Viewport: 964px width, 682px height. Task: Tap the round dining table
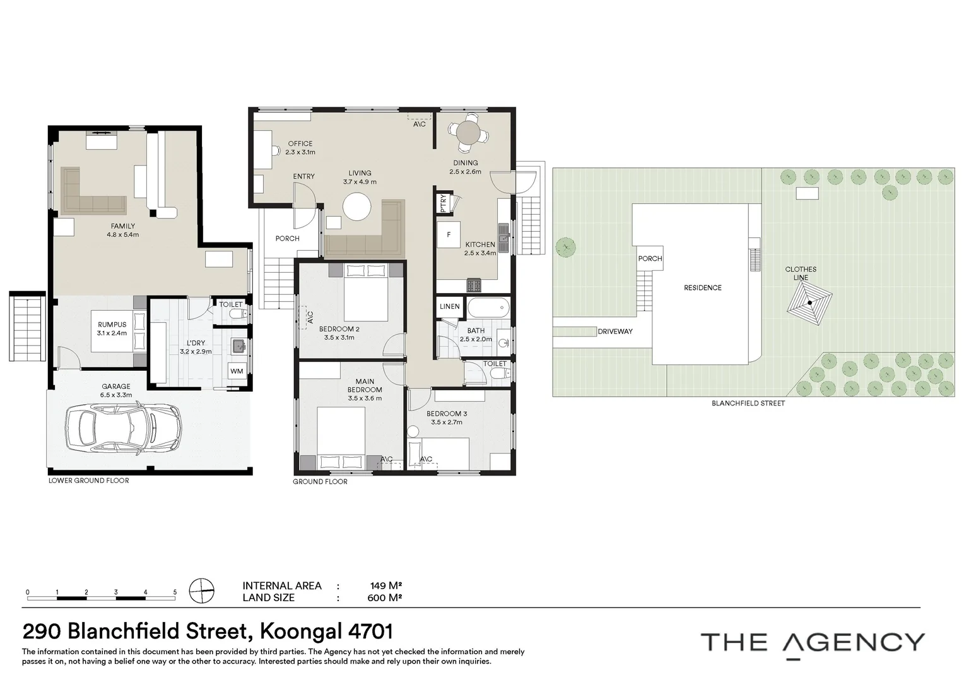(x=467, y=133)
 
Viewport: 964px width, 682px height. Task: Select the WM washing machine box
(x=237, y=371)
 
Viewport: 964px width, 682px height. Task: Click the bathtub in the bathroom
(x=488, y=308)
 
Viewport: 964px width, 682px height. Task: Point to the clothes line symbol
(x=809, y=302)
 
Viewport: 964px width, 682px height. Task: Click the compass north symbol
(x=202, y=591)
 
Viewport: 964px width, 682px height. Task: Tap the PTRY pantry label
(x=443, y=203)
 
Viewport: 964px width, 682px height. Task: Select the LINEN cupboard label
(x=449, y=307)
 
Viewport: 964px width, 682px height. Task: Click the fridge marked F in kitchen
(x=449, y=235)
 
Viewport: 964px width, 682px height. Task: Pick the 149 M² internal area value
(x=385, y=585)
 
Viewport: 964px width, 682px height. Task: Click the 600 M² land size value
(x=385, y=597)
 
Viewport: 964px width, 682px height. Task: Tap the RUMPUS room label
(x=112, y=325)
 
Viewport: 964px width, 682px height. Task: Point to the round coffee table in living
(x=357, y=206)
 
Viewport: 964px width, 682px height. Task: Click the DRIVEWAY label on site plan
(x=614, y=332)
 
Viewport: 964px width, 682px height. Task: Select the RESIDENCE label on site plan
(x=702, y=288)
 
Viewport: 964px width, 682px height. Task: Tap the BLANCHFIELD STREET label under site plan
(x=748, y=403)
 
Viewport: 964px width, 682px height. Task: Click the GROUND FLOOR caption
(x=320, y=482)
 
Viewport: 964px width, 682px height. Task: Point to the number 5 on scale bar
(x=175, y=592)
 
